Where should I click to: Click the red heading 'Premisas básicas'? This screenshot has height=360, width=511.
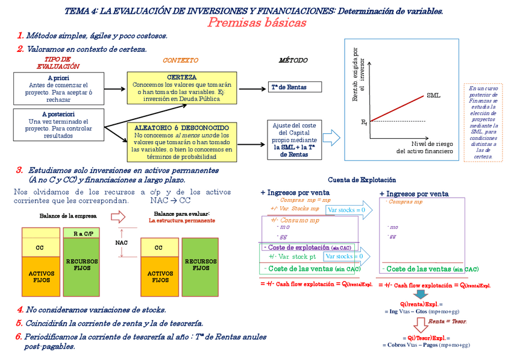(257, 23)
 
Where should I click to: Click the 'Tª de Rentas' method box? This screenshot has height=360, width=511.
(288, 87)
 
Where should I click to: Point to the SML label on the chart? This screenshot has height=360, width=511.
(433, 95)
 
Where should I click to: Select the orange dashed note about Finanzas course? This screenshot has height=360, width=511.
(483, 122)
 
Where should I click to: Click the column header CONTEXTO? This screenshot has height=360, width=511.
(180, 60)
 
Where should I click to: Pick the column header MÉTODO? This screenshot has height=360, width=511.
(293, 60)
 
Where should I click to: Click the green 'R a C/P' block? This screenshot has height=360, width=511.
(81, 233)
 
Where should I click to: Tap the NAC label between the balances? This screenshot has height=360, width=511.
(121, 243)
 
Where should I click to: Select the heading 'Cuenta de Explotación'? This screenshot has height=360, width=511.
(362, 180)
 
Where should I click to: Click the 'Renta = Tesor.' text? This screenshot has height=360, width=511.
(444, 321)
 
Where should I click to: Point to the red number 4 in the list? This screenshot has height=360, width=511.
(20, 309)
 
